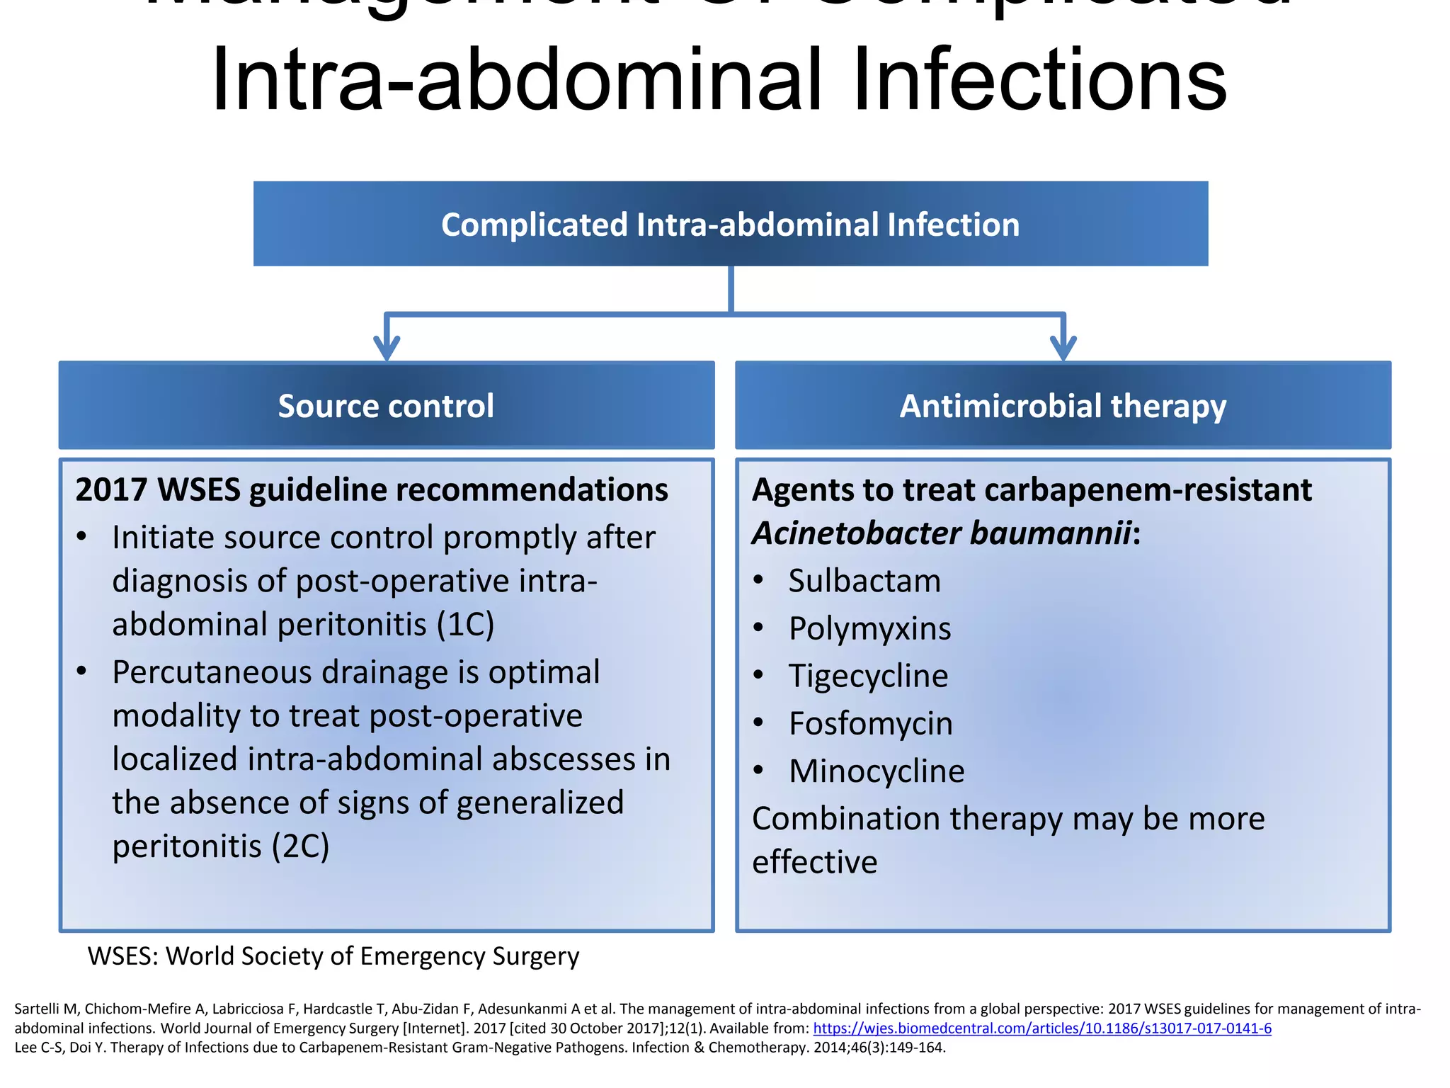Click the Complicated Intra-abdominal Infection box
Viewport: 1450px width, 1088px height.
pos(730,224)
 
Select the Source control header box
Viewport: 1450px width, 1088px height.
pos(386,405)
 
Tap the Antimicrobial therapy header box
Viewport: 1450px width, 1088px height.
pos(1062,405)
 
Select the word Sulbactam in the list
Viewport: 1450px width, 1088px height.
pos(864,581)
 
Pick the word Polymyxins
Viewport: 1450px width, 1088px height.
pos(869,628)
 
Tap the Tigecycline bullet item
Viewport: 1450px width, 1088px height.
pos(868,676)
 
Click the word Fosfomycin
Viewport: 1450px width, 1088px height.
pos(870,723)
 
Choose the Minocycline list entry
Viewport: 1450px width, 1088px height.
pos(876,771)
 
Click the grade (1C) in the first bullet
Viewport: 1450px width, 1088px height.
pos(465,624)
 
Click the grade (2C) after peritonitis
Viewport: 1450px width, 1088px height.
pos(300,846)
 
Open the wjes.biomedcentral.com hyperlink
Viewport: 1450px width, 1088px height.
pos(1041,1028)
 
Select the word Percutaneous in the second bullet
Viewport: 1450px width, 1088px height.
pos(212,672)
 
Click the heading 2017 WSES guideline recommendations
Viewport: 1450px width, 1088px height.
pos(371,489)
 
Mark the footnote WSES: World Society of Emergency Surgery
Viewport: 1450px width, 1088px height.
pos(333,956)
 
